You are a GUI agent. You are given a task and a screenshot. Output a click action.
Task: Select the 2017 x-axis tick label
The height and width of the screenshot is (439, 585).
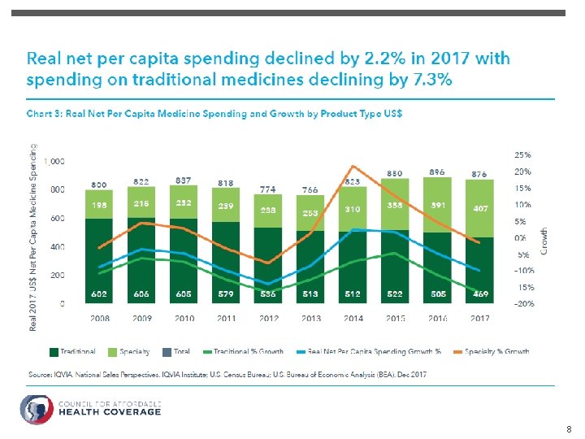(x=481, y=318)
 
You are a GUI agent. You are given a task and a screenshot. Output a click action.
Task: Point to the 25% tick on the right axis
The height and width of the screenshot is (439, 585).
(x=523, y=154)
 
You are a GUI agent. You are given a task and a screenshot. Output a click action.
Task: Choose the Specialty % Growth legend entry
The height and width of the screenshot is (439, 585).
(x=499, y=352)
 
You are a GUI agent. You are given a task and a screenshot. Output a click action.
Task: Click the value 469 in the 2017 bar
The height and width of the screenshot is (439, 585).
(x=481, y=294)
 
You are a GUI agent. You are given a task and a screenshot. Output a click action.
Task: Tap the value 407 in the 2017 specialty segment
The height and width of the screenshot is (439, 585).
(x=481, y=208)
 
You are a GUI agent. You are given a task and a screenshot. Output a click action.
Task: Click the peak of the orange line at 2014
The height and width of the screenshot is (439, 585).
(x=353, y=167)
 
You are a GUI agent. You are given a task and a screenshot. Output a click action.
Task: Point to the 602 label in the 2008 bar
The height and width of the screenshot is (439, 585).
(x=100, y=294)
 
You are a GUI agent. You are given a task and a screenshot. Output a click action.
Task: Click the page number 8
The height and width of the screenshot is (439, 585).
(x=568, y=428)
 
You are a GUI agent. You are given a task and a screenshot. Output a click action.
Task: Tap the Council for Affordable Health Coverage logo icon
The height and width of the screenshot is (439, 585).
(x=35, y=409)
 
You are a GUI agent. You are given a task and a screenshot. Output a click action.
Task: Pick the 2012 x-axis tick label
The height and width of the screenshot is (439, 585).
(x=269, y=318)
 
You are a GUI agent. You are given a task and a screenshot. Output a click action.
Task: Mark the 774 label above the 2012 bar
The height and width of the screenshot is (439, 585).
(x=269, y=189)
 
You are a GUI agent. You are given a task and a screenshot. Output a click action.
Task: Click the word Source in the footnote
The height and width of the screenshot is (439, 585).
(x=40, y=374)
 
